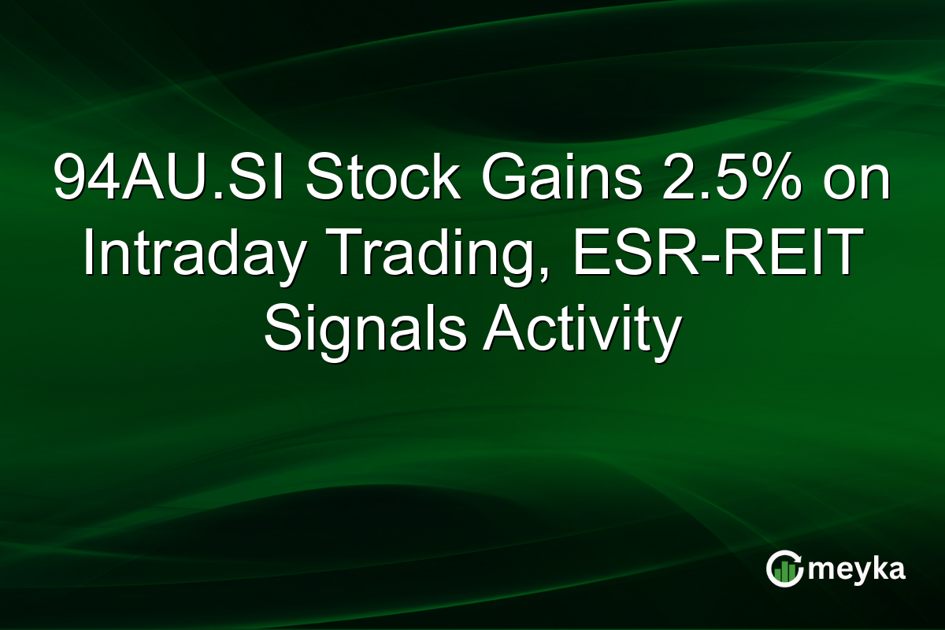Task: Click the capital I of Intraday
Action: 88,257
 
